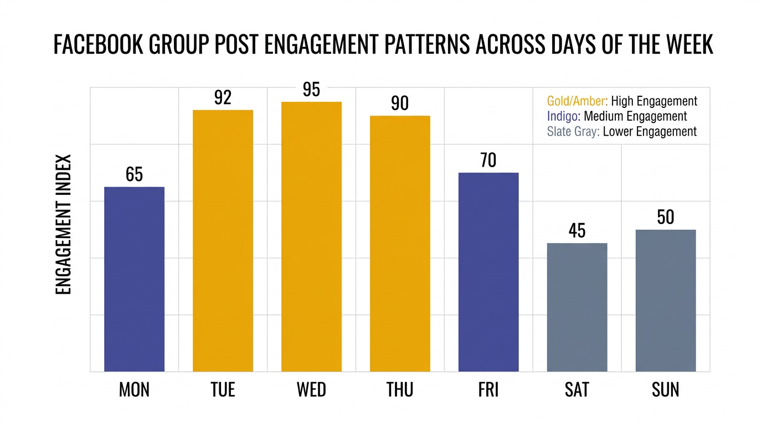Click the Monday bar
click(x=134, y=279)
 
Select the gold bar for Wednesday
click(x=311, y=236)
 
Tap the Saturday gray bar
click(x=577, y=307)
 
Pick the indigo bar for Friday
click(x=488, y=272)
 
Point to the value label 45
click(x=577, y=231)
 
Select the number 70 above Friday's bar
click(x=488, y=160)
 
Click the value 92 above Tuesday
click(x=223, y=98)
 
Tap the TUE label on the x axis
click(x=223, y=390)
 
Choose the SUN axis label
click(x=666, y=390)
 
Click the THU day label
click(x=400, y=390)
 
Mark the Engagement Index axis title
click(x=64, y=224)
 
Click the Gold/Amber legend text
click(x=577, y=101)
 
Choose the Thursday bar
click(x=400, y=243)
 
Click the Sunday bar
click(x=666, y=300)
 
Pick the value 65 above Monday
click(x=134, y=174)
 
